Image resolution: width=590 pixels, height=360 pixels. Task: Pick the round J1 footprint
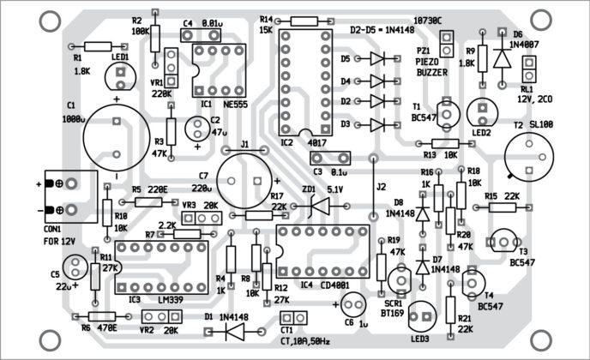(x=246, y=176)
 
